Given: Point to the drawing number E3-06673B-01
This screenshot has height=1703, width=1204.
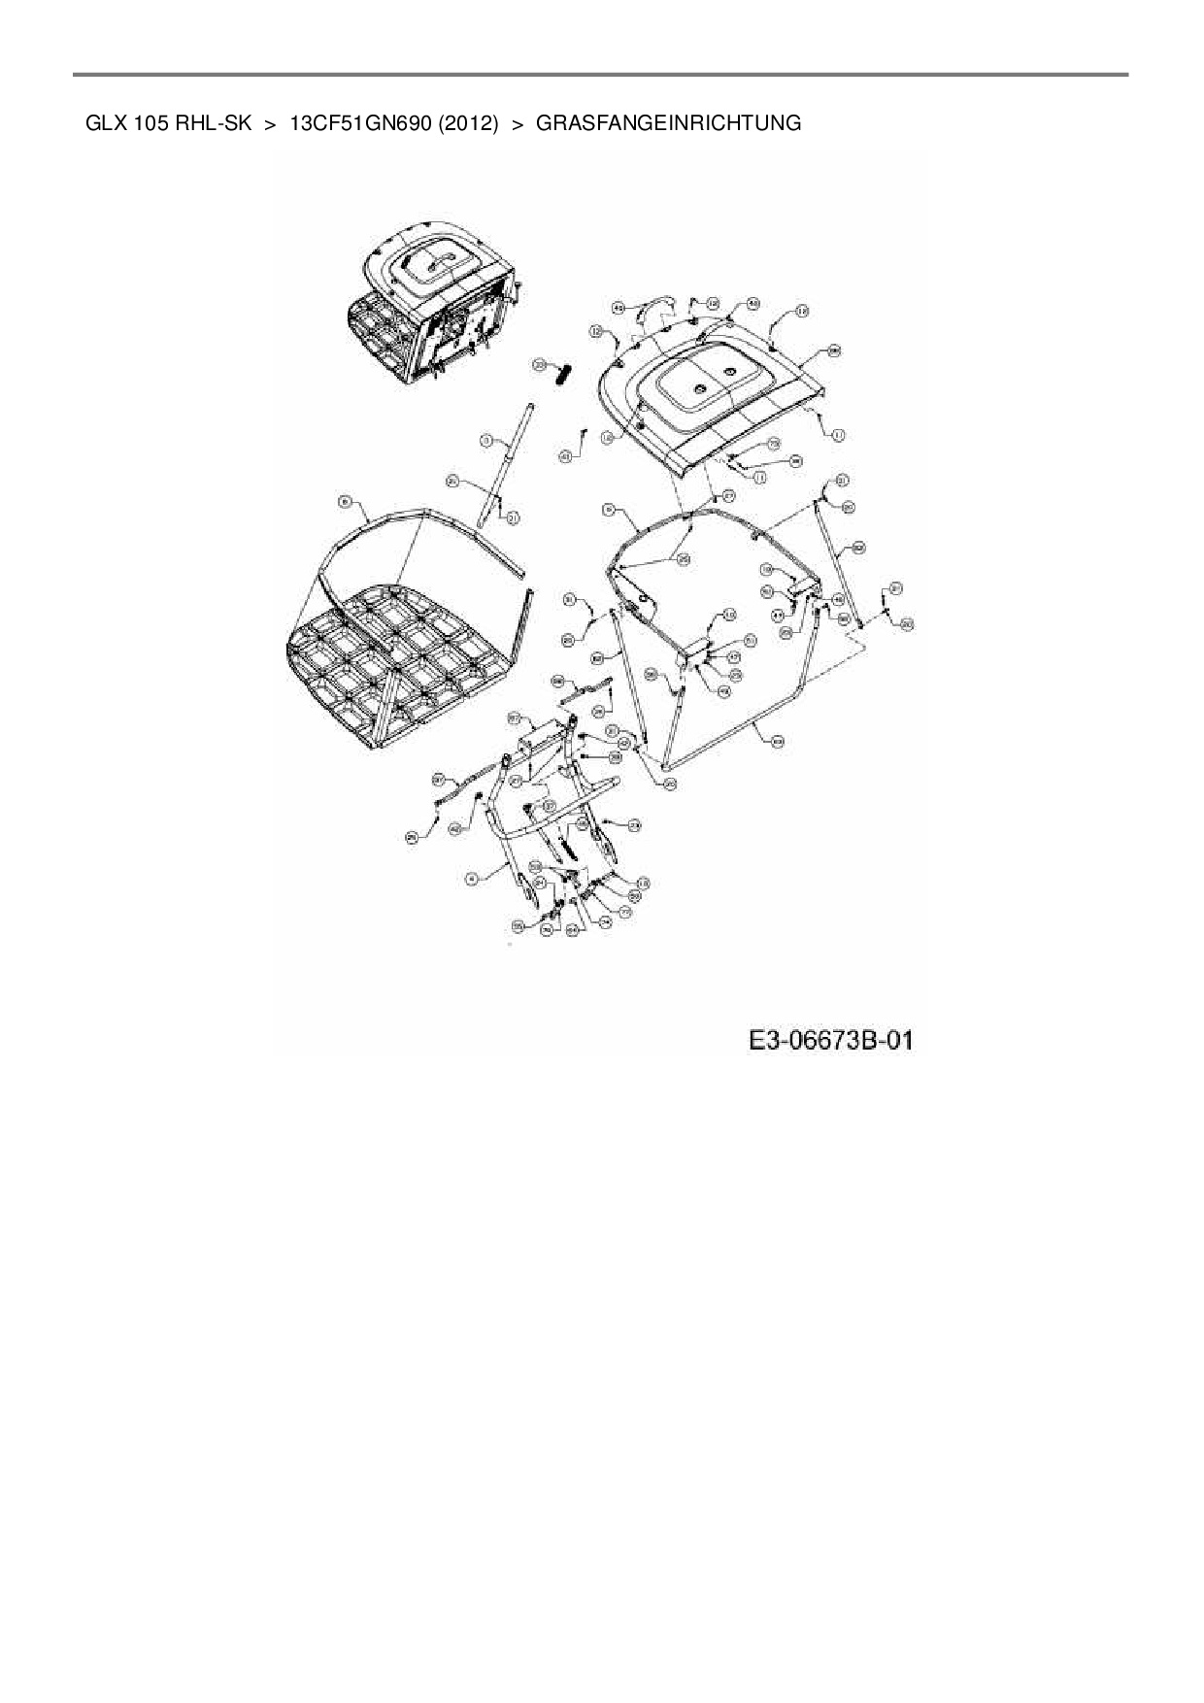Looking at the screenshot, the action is [x=830, y=1041].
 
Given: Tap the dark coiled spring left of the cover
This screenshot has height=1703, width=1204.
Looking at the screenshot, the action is [x=564, y=373].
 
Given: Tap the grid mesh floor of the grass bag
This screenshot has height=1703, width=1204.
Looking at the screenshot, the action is [x=398, y=660].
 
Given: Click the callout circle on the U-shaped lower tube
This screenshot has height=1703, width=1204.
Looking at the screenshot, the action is [x=777, y=741].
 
